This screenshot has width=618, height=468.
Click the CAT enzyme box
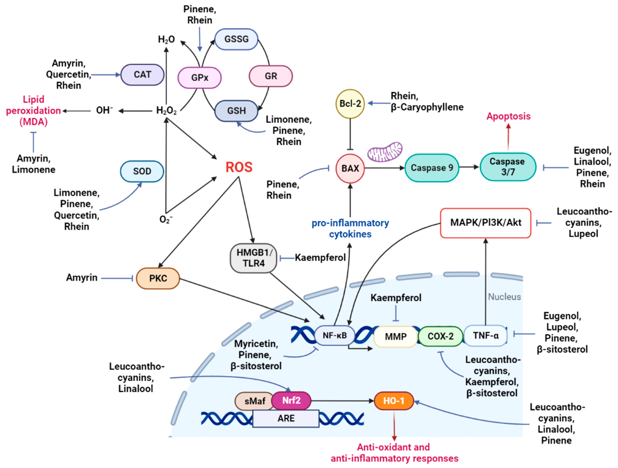tap(142, 75)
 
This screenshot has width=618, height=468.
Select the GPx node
tap(199, 77)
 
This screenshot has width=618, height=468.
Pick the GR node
tap(270, 76)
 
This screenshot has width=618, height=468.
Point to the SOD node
tap(142, 171)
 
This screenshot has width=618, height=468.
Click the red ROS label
tap(239, 167)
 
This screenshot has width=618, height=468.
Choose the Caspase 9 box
tap(432, 168)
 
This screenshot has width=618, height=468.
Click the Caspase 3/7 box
tap(508, 167)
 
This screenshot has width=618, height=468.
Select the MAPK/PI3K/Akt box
tap(485, 223)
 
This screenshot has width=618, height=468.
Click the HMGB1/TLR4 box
tap(253, 258)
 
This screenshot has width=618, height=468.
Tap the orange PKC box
tap(158, 278)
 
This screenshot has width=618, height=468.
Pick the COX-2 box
tap(440, 336)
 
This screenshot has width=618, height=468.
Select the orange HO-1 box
tap(394, 401)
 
